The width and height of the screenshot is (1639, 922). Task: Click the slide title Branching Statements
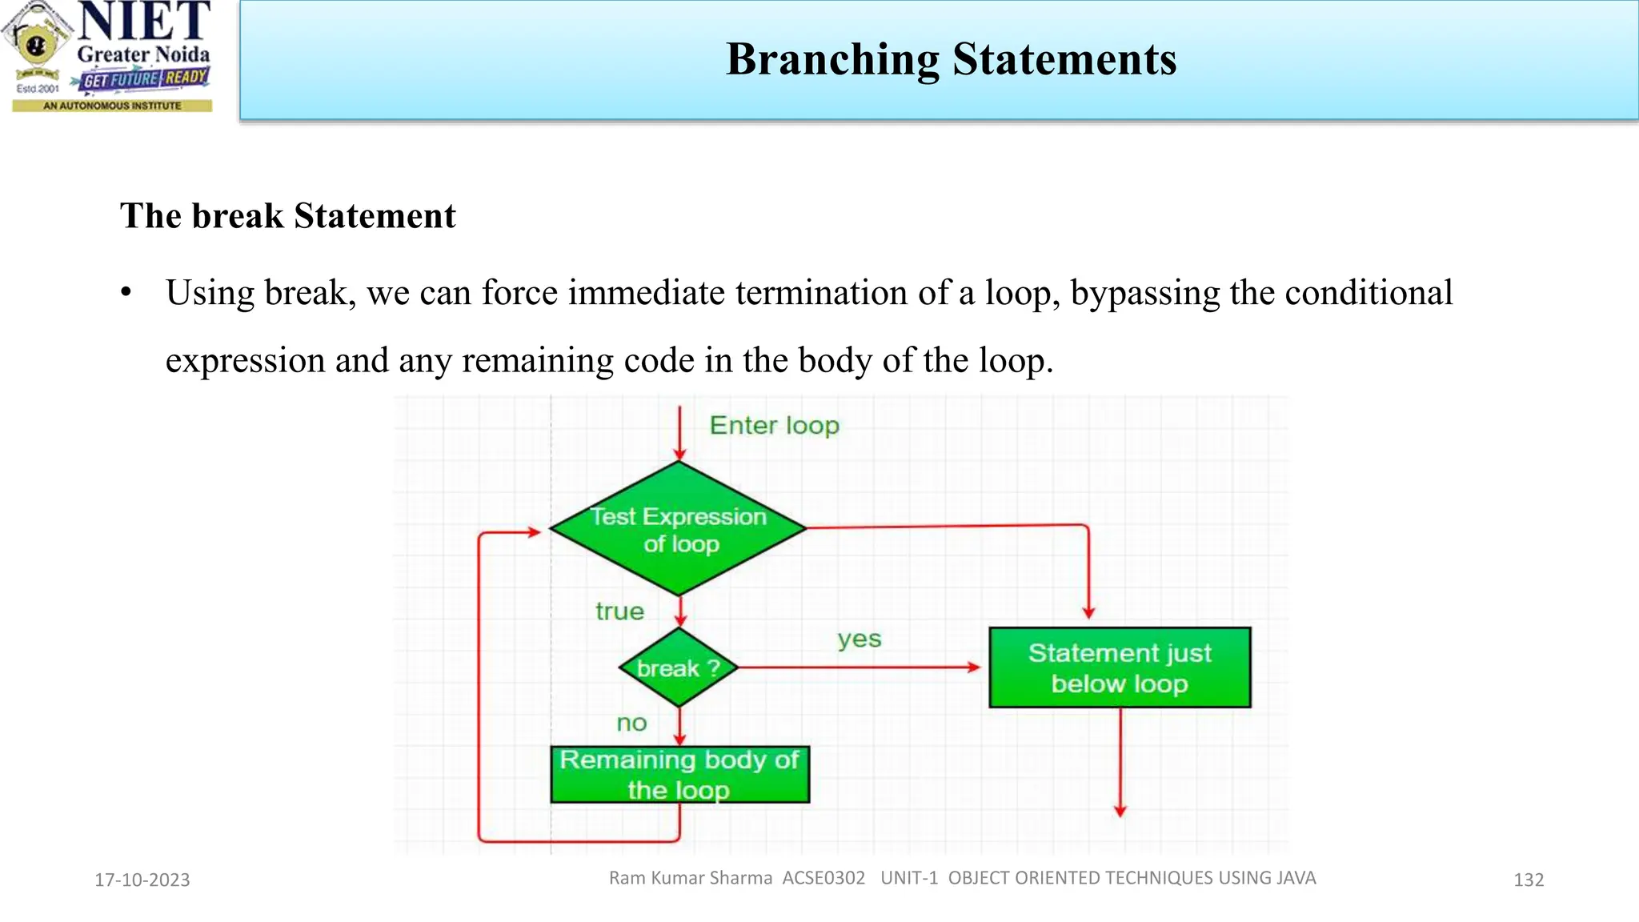[951, 59]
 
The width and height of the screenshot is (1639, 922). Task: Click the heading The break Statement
[288, 216]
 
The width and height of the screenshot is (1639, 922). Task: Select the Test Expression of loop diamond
[679, 529]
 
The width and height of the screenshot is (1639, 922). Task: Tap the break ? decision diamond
[679, 667]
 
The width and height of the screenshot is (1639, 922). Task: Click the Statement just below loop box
[1120, 667]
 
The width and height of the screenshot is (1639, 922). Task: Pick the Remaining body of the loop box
[679, 774]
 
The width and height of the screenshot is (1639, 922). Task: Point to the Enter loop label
[774, 425]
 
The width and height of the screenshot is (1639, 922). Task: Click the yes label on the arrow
[859, 639]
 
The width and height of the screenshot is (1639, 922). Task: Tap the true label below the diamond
[619, 611]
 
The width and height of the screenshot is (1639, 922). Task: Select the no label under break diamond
[631, 723]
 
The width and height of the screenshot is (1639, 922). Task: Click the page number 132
[1528, 880]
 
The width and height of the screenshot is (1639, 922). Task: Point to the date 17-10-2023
[142, 880]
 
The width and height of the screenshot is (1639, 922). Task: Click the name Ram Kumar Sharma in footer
[691, 878]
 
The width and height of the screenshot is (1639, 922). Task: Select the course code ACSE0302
[824, 878]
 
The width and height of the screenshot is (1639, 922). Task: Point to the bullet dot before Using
[126, 294]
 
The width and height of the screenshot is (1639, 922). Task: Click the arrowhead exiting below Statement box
[1120, 812]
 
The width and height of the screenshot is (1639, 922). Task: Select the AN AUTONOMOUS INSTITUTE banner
[112, 106]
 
